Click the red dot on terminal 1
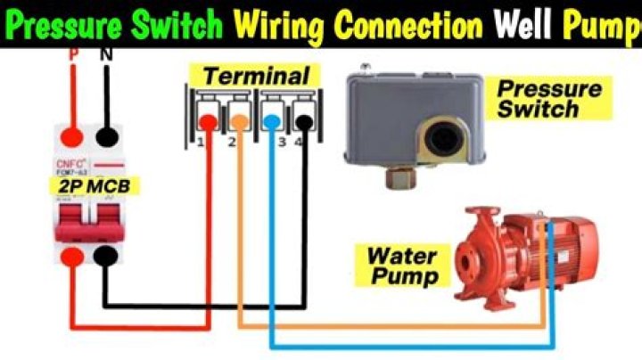tap(207, 119)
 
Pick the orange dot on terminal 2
tap(239, 119)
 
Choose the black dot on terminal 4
tap(304, 119)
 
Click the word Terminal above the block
tap(255, 76)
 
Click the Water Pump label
tap(402, 266)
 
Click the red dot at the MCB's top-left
tap(73, 137)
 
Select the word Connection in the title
tap(413, 24)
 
